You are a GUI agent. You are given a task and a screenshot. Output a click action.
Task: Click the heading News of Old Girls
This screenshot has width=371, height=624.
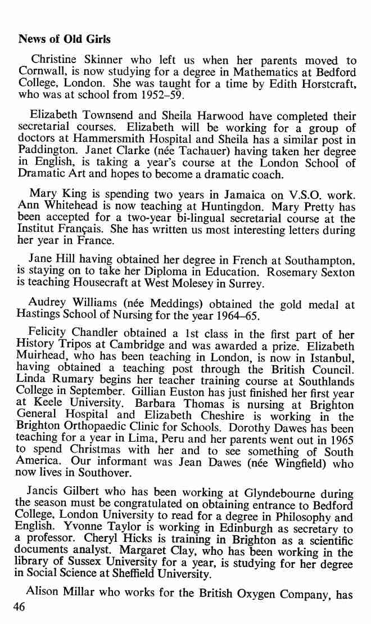65,39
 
